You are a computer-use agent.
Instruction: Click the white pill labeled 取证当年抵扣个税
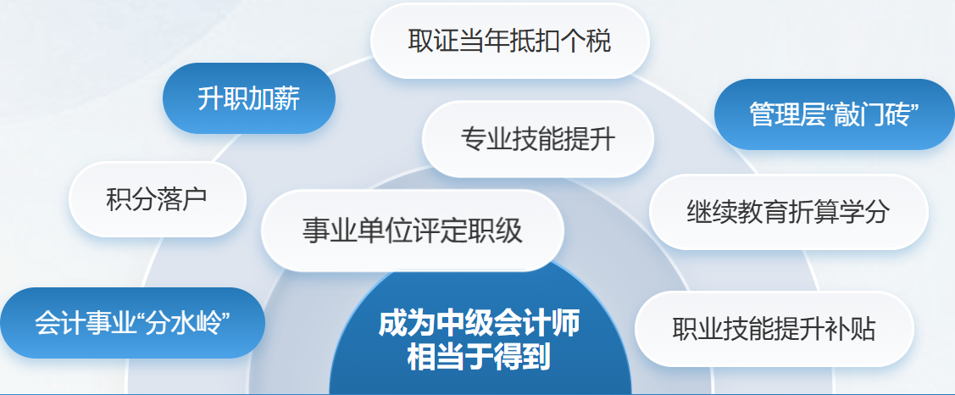point(509,42)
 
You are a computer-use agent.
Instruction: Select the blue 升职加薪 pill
point(248,98)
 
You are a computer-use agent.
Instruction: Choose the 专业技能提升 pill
point(537,139)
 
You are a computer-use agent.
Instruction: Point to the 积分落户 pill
point(157,199)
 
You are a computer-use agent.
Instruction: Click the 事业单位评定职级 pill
point(413,231)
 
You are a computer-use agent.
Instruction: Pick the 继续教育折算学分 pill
point(788,212)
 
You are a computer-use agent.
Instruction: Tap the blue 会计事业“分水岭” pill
point(133,323)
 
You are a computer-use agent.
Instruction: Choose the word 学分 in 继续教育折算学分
point(869,212)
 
